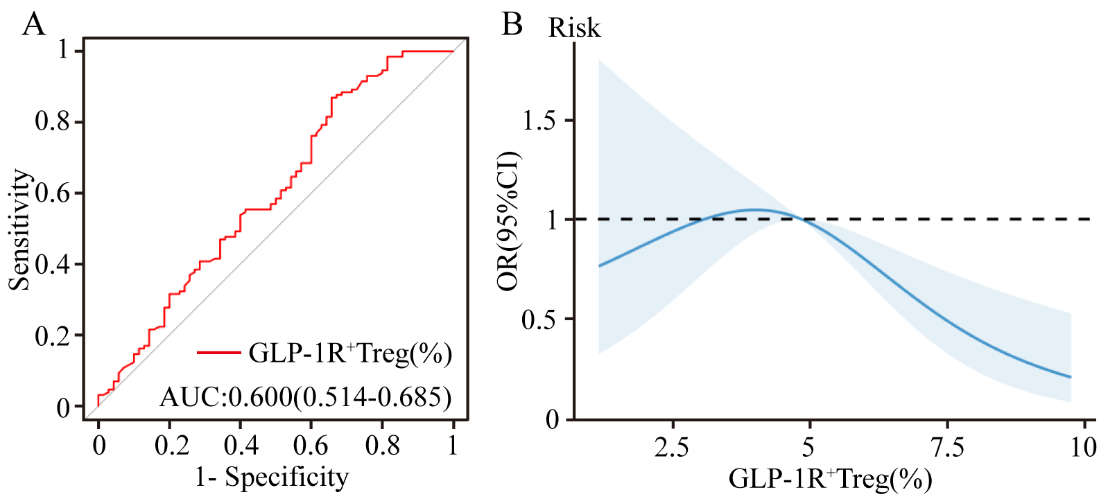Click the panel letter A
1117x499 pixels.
33,25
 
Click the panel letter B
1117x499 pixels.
512,25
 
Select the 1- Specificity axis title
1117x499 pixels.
271,478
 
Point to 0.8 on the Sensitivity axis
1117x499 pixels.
53,122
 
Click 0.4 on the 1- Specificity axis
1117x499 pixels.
241,445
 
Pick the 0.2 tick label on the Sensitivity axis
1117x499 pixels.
53,336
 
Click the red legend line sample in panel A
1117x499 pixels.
219,353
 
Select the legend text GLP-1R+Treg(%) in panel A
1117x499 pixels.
350,353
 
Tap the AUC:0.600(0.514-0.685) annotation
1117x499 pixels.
306,397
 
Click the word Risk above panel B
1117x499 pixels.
574,28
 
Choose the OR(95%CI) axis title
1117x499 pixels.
510,221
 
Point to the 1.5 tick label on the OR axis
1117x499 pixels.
539,121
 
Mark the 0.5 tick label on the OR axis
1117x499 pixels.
539,319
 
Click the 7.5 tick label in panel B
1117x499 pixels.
947,447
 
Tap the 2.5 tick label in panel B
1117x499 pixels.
672,447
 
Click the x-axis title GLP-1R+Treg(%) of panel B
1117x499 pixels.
830,479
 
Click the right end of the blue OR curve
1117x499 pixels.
1071,377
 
